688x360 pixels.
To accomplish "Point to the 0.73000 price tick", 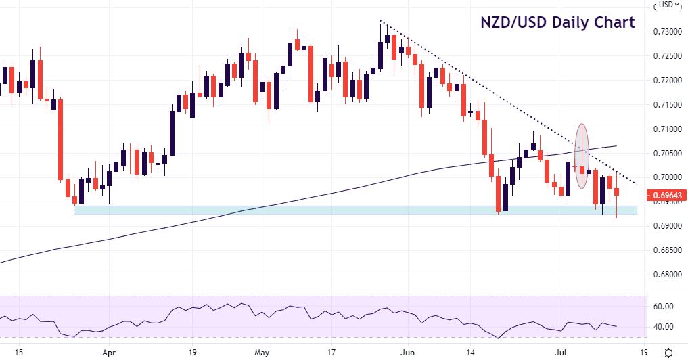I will point(666,32).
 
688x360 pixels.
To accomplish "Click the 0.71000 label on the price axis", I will point(666,129).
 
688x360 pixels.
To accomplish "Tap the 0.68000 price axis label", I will point(666,275).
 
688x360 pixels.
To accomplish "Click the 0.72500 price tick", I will point(666,56).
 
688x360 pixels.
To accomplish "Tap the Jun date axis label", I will point(408,352).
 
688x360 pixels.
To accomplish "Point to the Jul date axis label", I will point(567,352).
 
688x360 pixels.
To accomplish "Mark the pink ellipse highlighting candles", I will point(580,156).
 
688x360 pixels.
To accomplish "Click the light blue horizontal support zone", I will point(338,210).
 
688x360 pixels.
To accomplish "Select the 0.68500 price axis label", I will point(666,250).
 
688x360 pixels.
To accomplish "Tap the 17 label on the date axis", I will point(331,352).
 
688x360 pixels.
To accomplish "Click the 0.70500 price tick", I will point(666,153).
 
